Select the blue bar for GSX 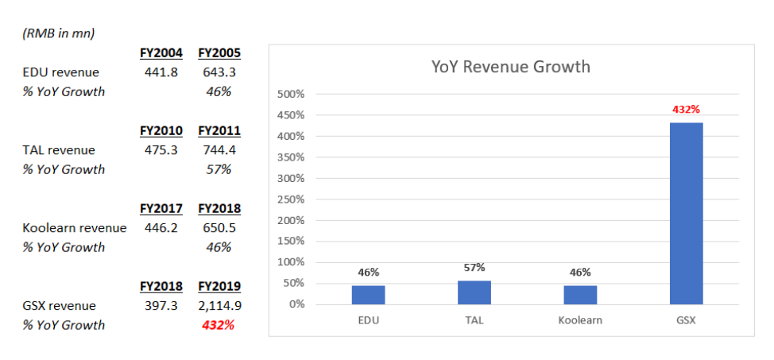pos(686,213)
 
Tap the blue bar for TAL pos(474,292)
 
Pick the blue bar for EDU pos(368,294)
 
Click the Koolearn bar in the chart pos(580,294)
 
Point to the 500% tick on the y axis pos(291,95)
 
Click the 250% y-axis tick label pos(291,199)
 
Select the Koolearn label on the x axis pos(580,320)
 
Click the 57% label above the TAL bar pos(474,268)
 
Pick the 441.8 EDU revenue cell pos(162,72)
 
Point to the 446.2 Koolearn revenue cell pos(162,228)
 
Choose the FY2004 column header pos(161,53)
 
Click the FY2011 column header pos(219,131)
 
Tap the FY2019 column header pos(219,287)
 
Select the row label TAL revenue pos(59,150)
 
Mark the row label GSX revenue pos(60,306)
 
